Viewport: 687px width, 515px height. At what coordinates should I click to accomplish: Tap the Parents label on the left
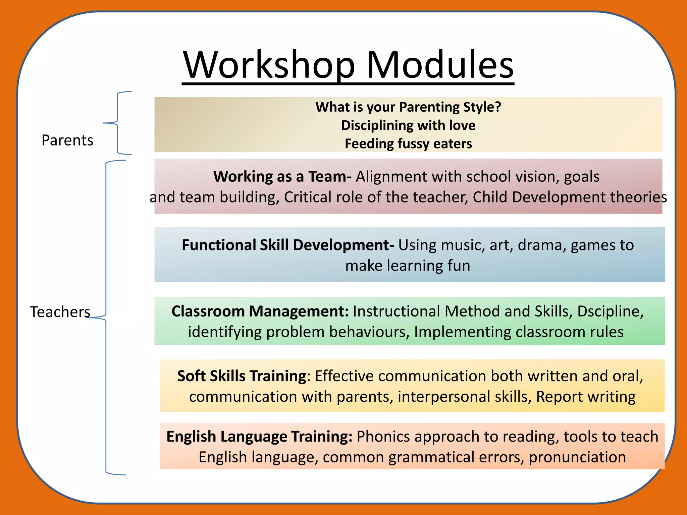67,140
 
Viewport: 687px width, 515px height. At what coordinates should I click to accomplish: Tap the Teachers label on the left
60,312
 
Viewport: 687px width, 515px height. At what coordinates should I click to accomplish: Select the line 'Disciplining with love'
408,125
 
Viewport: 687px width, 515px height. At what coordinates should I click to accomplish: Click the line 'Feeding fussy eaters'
408,144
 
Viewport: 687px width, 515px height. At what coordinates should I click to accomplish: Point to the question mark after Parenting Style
498,107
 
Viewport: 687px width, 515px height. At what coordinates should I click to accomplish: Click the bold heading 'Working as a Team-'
282,176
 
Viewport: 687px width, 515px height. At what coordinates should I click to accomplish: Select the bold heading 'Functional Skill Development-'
288,245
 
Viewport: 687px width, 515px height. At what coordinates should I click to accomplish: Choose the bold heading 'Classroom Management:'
260,311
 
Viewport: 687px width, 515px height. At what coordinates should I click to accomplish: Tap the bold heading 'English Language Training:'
259,437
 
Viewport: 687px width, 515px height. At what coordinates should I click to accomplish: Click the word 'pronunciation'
577,457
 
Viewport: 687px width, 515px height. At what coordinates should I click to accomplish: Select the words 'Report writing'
586,397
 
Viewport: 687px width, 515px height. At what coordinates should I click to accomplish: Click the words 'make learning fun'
408,266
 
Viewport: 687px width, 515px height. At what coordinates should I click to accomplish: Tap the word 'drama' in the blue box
542,245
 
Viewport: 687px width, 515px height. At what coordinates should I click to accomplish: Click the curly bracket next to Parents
117,123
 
